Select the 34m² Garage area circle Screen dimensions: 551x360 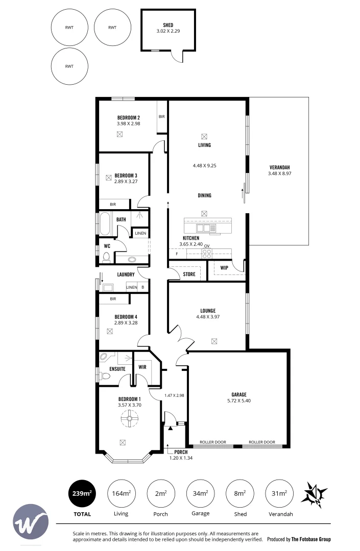200,493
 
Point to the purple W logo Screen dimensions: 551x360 30,521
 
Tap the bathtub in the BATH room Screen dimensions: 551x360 106,223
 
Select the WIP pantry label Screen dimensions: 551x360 224,268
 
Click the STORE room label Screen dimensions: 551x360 189,274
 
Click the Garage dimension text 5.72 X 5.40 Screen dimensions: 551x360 238,400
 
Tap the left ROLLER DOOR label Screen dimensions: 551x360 212,442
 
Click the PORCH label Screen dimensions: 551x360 180,452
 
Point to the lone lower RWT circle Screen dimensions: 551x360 70,66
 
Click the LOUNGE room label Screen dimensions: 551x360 207,311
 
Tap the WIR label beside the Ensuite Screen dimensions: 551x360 142,367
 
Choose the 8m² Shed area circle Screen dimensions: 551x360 239,493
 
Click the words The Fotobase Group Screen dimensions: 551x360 311,539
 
